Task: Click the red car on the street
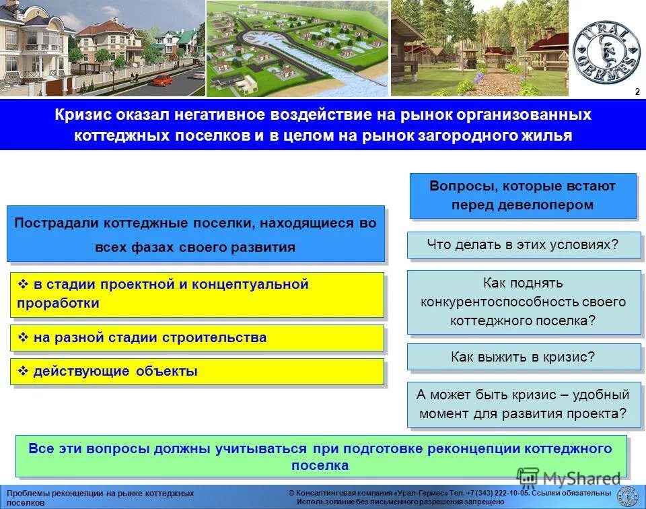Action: (161, 80)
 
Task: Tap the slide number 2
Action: (637, 91)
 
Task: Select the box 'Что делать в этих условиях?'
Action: (523, 244)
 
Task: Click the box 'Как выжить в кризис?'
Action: (523, 357)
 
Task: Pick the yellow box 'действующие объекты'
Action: (196, 371)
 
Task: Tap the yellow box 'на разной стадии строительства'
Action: (196, 337)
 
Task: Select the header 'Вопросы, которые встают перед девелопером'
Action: (523, 195)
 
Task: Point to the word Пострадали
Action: (53, 223)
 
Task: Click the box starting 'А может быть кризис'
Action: (523, 404)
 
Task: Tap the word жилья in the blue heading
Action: (546, 135)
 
